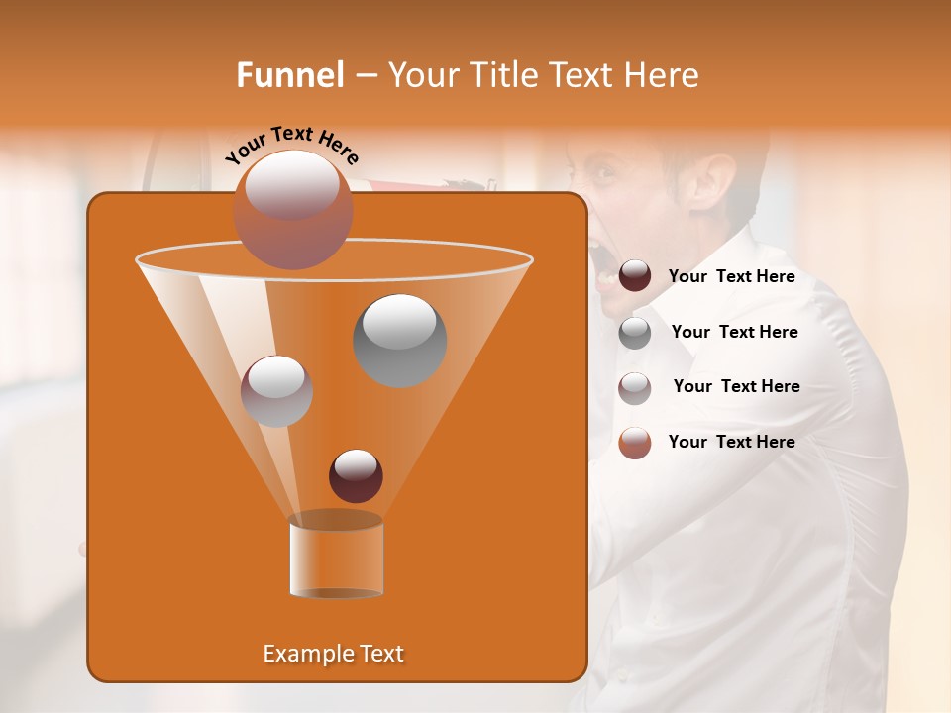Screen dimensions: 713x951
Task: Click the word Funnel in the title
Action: [290, 75]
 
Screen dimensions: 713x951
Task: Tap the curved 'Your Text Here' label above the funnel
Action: [291, 145]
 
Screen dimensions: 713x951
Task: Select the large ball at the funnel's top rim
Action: [292, 209]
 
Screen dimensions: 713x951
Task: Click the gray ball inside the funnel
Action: [400, 340]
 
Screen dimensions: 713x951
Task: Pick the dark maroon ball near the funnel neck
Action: [356, 475]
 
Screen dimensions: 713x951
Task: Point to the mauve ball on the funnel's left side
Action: [276, 391]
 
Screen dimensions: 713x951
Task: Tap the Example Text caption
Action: [333, 654]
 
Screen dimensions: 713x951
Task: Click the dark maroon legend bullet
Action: [635, 276]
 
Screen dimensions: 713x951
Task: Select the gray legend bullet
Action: [635, 333]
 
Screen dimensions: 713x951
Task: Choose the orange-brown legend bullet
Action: [635, 443]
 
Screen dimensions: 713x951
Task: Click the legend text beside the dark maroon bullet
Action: [731, 276]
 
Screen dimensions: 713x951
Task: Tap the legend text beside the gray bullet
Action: [734, 332]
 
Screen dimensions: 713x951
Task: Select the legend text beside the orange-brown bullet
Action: [731, 442]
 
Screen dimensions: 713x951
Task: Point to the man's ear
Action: [716, 182]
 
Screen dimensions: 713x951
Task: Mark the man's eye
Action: [603, 177]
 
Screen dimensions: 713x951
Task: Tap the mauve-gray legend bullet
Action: [635, 388]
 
